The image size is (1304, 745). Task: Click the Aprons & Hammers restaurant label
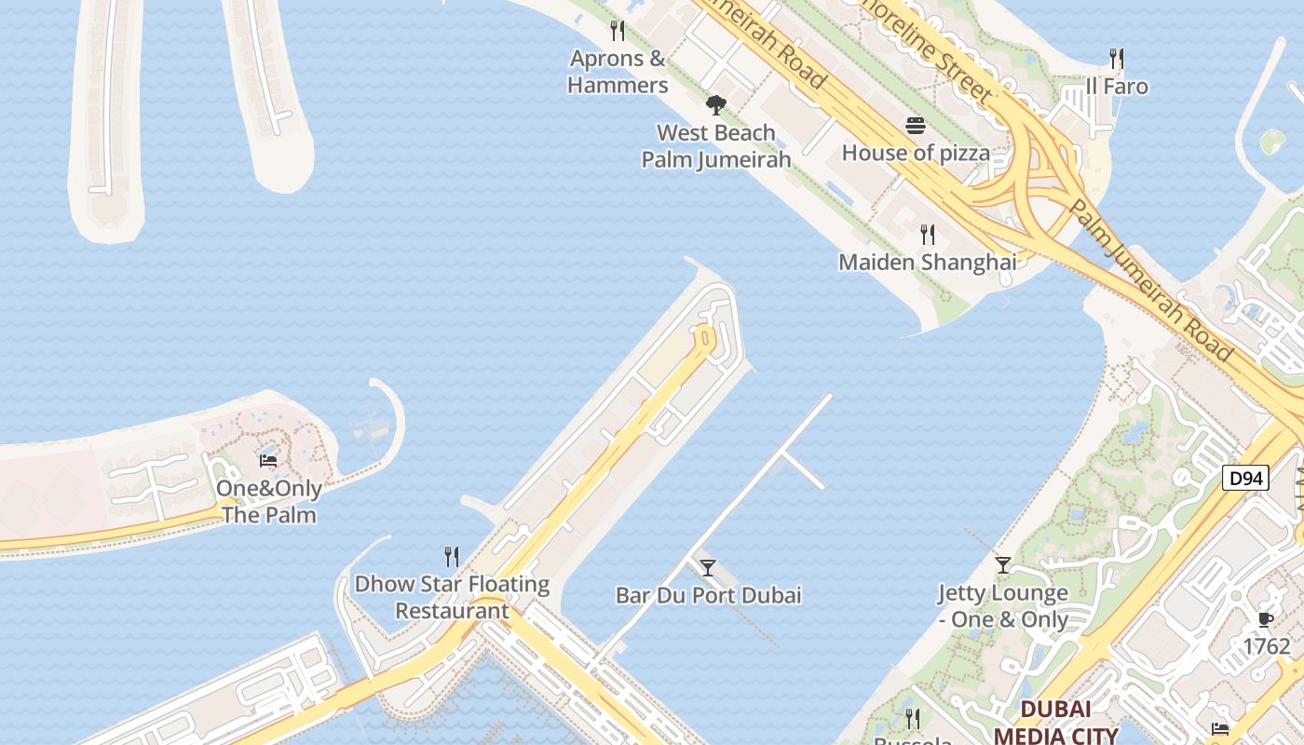pos(618,72)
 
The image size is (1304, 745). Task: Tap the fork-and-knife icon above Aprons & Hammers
pos(618,31)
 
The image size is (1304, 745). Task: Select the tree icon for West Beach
pos(715,104)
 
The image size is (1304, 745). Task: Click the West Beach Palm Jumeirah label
pos(716,146)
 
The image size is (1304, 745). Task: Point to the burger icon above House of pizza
pos(916,126)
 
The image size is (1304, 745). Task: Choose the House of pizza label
pos(916,153)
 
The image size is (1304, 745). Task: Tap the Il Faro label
pos(1117,87)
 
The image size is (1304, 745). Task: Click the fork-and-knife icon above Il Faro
pos(1117,59)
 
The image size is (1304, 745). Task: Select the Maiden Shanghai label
pos(928,263)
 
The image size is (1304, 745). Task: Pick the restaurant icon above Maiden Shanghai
pos(928,234)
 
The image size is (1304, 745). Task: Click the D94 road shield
pos(1245,479)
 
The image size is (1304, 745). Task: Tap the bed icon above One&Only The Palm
pos(268,460)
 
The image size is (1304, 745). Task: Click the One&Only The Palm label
pos(269,502)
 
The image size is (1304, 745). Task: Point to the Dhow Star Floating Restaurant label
pos(452,598)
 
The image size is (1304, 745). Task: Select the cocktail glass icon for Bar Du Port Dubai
pos(708,567)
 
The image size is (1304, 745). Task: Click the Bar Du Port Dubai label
pos(709,595)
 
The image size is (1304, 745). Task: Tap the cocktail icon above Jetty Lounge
pos(1003,564)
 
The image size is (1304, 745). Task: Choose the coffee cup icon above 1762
pos(1266,619)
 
